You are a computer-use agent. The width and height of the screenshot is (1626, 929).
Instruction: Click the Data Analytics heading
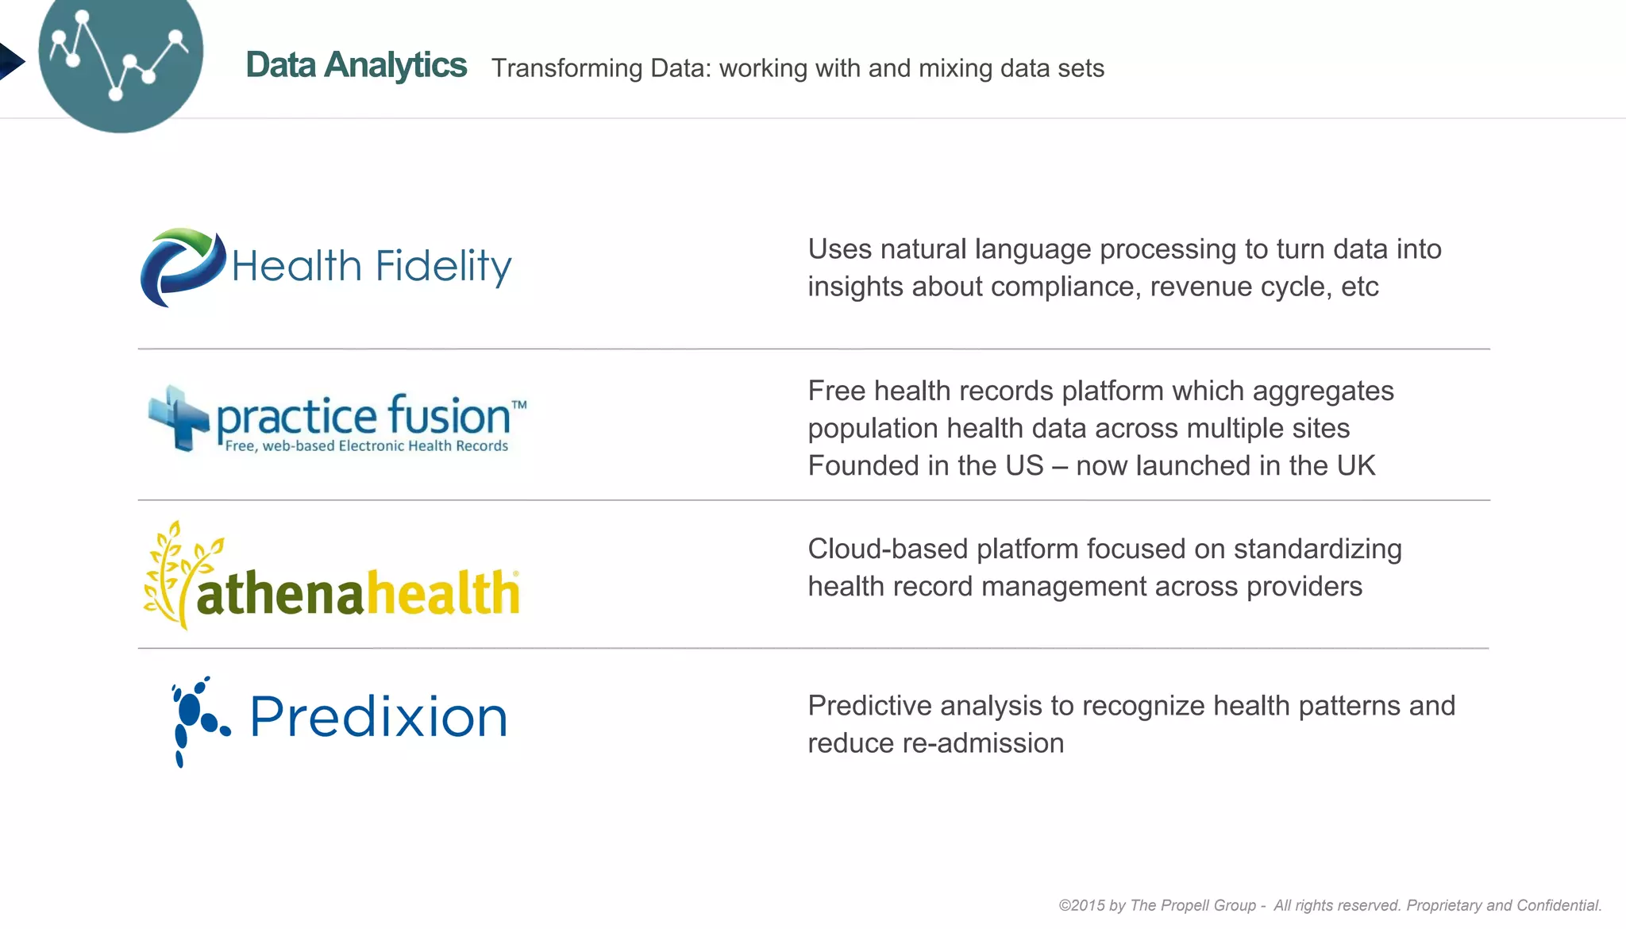coord(356,65)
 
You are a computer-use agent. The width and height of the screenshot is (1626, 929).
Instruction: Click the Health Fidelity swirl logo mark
coord(182,267)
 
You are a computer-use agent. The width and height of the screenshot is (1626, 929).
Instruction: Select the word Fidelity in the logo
coord(443,267)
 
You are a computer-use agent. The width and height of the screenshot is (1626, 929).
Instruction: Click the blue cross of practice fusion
coord(179,418)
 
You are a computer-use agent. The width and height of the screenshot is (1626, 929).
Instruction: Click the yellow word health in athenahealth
coord(441,593)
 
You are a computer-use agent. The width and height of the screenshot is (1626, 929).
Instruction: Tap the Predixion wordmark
coord(378,717)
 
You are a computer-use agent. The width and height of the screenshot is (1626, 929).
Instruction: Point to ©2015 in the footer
coord(1081,905)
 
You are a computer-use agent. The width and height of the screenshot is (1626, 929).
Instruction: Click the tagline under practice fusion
coord(366,446)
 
